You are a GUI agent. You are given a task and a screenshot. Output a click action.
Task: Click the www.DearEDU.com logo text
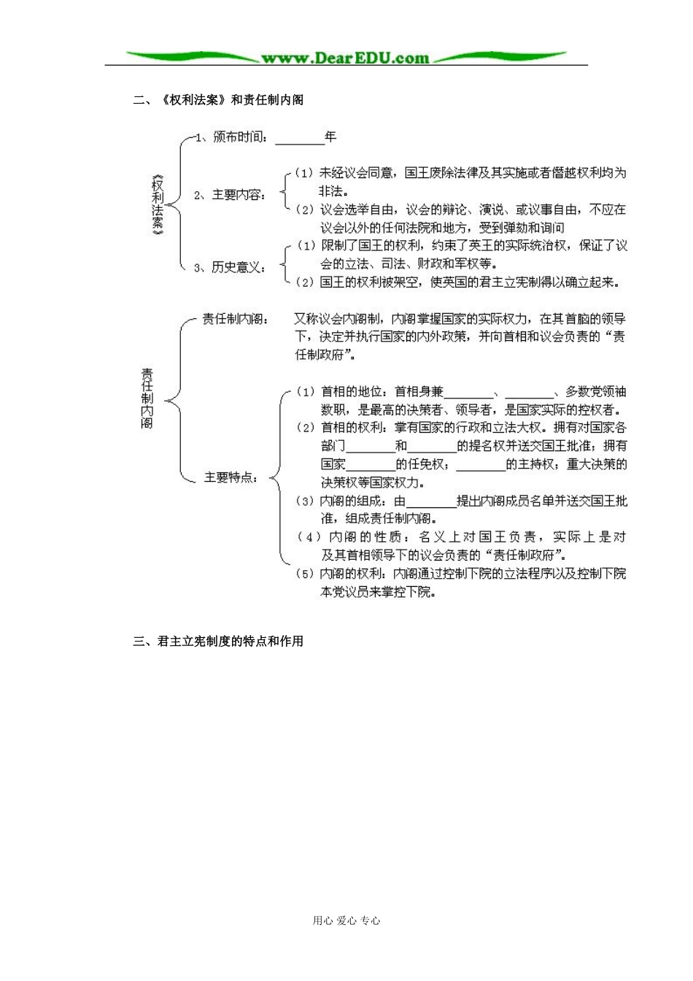click(x=345, y=58)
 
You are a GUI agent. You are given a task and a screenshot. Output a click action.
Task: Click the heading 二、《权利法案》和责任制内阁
click(x=218, y=100)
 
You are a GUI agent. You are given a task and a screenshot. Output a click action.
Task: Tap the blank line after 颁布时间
click(x=299, y=139)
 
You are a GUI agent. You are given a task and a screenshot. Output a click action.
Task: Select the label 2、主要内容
click(x=230, y=195)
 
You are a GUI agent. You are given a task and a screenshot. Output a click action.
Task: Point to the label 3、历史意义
click(x=230, y=268)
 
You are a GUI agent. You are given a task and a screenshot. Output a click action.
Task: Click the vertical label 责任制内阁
click(x=147, y=398)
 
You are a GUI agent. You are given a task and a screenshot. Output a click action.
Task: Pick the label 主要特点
click(x=230, y=477)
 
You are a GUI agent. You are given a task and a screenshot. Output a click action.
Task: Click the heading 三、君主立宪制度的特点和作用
click(x=218, y=642)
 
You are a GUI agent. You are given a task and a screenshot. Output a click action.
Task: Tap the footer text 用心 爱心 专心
click(x=346, y=920)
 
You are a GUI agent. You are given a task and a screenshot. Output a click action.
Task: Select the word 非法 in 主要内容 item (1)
click(x=331, y=191)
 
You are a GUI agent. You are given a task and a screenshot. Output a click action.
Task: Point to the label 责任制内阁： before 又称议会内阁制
click(x=236, y=320)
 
